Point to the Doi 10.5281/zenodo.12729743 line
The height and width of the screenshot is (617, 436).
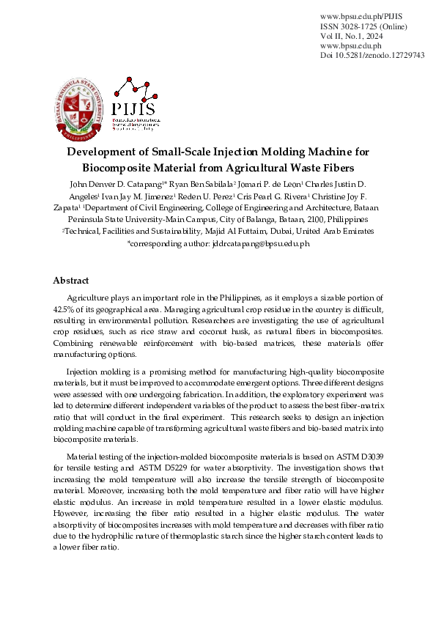point(372,55)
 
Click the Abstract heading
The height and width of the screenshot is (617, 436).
point(71,281)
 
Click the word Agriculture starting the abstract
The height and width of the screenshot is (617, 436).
point(90,298)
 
